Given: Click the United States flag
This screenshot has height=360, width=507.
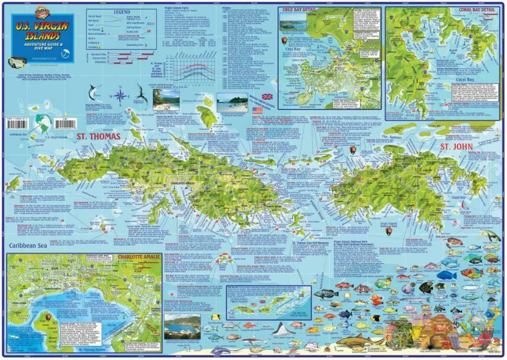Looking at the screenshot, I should pos(258,110).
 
